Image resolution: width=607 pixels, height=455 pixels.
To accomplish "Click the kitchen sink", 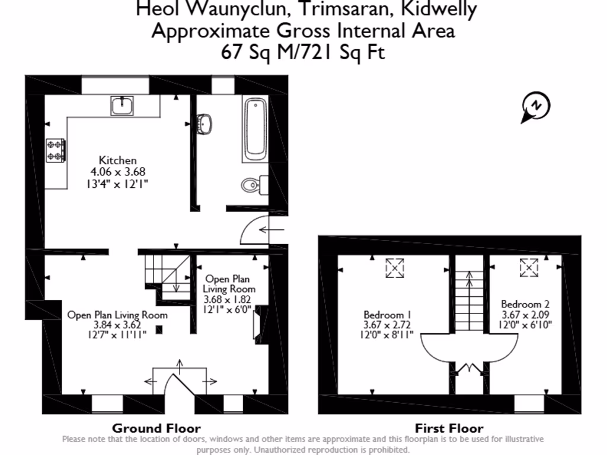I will (123, 106).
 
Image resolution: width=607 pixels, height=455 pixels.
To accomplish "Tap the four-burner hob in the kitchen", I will (56, 150).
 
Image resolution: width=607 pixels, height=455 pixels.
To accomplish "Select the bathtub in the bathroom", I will (255, 130).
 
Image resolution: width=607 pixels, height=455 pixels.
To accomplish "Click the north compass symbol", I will (536, 107).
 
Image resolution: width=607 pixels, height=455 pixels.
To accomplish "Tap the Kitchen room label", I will (117, 160).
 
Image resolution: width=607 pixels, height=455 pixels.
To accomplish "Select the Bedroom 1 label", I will (388, 315).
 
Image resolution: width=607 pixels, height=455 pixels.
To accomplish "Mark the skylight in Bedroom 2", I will (528, 268).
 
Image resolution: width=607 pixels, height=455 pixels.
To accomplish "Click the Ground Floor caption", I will (156, 428).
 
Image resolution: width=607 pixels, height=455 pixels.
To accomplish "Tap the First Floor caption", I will (449, 428).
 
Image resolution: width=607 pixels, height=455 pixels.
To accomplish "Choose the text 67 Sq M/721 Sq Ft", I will (303, 52).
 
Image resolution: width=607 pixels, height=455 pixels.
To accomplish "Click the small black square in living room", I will (159, 329).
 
